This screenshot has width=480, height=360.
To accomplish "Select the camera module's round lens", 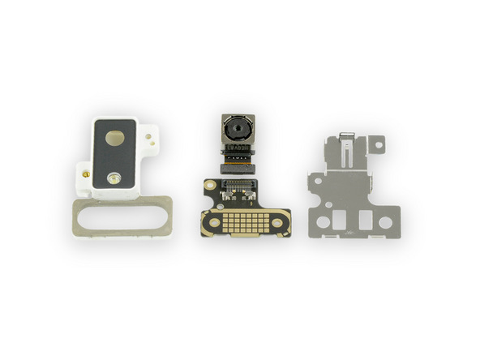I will coord(238,129).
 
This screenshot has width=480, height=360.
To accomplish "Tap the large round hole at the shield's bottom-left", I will coord(324,221).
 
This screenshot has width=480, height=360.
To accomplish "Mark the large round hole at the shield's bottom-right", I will coord(385,221).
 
